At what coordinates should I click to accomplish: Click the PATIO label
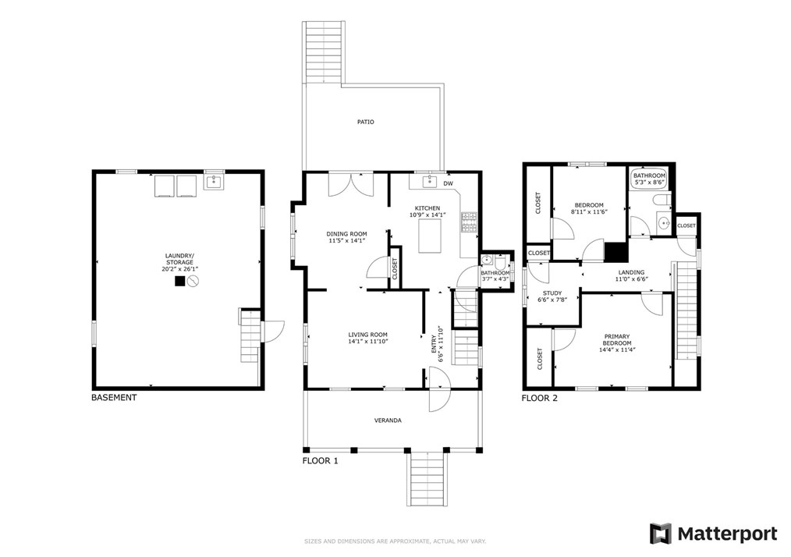tap(366, 122)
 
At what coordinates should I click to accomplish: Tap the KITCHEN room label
tap(427, 208)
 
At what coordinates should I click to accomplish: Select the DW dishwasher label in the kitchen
tap(448, 183)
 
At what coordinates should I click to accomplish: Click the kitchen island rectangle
tap(430, 236)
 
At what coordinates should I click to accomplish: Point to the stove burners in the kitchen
tap(469, 222)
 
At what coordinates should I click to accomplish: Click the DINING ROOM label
tap(346, 234)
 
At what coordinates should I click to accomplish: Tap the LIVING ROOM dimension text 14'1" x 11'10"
tap(367, 341)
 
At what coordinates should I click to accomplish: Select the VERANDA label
tap(388, 420)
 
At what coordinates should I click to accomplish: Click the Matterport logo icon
tap(661, 534)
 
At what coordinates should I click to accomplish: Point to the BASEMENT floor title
tap(114, 398)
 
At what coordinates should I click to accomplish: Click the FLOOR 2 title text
tap(540, 398)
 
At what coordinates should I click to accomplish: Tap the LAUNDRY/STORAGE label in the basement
tap(179, 259)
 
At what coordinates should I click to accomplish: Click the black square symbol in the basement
tap(179, 281)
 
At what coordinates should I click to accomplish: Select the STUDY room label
tap(552, 293)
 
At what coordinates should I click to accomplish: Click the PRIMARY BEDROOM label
tap(617, 339)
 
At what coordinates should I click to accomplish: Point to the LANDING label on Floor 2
tap(631, 272)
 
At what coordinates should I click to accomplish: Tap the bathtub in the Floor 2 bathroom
tap(650, 179)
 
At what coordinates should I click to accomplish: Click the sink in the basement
tap(214, 181)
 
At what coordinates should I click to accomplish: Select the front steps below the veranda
tap(427, 478)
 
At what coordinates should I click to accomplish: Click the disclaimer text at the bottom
tap(395, 541)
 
